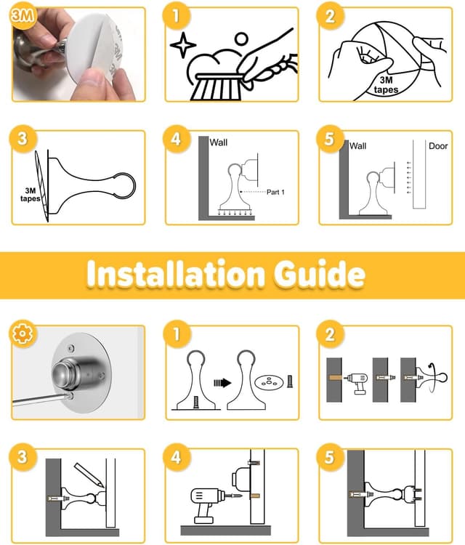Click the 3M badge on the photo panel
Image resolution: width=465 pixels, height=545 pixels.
coord(23,16)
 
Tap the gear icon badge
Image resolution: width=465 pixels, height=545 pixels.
coord(23,334)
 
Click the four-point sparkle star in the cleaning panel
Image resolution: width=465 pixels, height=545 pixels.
coord(183,45)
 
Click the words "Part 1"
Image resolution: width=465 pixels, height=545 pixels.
coord(275,192)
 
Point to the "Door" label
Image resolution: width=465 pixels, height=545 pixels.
coord(438,146)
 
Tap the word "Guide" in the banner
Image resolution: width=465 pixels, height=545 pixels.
coord(319,274)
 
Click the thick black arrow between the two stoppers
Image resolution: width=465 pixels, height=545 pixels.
coord(222,383)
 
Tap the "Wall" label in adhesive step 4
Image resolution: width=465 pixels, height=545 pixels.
coord(218,142)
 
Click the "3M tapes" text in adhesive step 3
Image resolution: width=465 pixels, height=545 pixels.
coord(31,195)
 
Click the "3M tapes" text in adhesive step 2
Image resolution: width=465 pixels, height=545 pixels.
coord(386,85)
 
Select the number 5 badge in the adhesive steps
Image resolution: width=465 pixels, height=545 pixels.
coord(330,139)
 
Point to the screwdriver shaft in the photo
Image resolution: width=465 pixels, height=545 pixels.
coord(40,399)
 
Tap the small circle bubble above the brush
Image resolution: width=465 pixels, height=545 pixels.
coord(241,39)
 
